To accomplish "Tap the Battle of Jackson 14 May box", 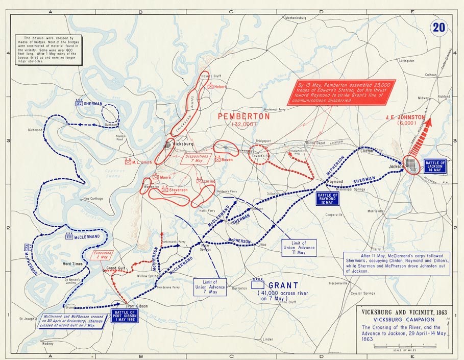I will pos(435,166).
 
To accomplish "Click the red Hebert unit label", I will pos(219,87).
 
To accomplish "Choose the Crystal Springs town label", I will pos(364,294).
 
